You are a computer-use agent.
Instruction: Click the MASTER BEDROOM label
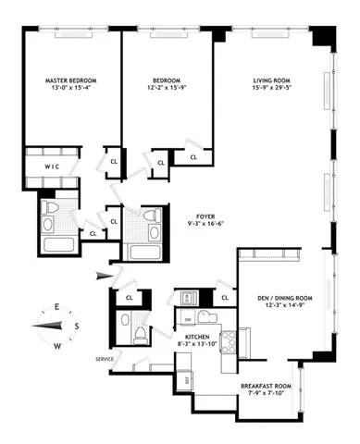click(71, 81)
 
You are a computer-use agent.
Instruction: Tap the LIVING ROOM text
click(271, 81)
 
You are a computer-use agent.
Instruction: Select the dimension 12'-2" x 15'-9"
click(168, 91)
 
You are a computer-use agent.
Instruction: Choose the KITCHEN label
click(197, 337)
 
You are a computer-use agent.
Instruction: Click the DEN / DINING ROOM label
click(279, 298)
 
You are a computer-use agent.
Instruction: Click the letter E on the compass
click(57, 307)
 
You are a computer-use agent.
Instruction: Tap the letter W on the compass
click(57, 345)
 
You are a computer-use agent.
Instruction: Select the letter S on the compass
click(77, 326)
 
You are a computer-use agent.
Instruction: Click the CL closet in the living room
click(194, 157)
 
